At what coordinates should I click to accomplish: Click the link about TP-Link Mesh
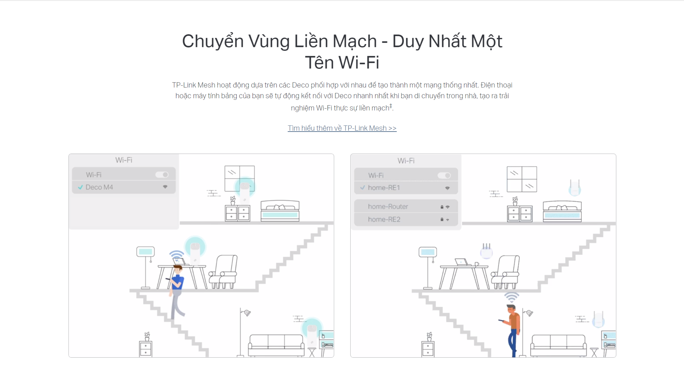(342, 128)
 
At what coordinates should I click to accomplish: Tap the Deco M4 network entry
(99, 187)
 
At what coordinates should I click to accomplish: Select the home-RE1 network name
(384, 188)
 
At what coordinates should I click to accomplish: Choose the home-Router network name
(388, 206)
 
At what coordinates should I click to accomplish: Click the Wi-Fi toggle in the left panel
(162, 175)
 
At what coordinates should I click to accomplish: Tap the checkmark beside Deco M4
(80, 187)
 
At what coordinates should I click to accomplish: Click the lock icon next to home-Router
(442, 207)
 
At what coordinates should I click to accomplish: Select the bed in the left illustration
(280, 211)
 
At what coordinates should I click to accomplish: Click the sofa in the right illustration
(559, 345)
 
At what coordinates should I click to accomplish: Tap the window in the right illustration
(522, 179)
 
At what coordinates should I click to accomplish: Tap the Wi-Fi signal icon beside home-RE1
(447, 188)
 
